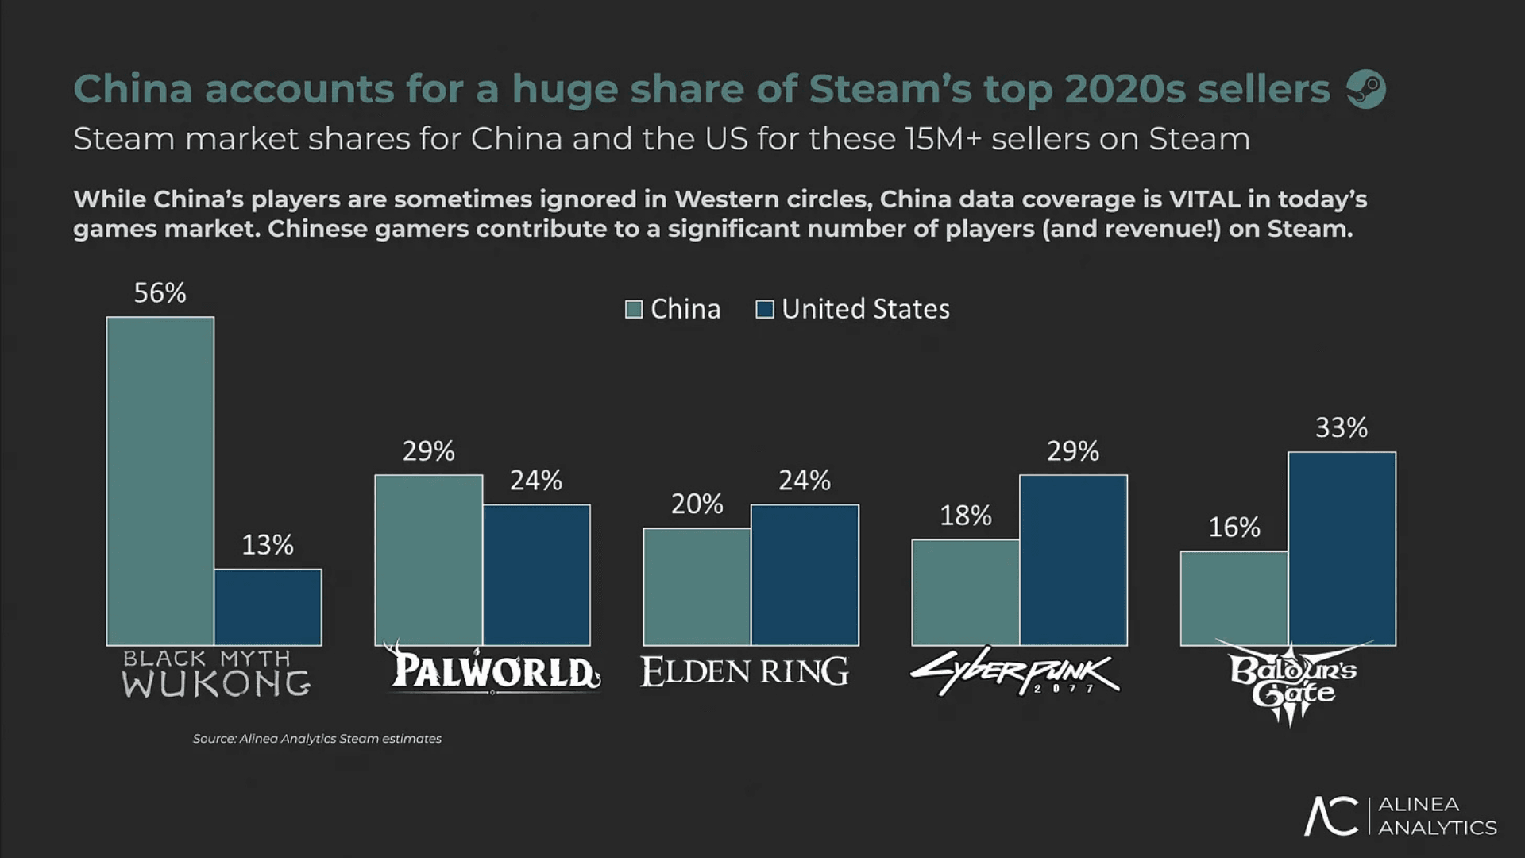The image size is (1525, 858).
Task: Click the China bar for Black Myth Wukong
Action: tap(160, 481)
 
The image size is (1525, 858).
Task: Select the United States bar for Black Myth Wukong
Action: tap(268, 607)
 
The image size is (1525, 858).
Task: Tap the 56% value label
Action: tap(160, 293)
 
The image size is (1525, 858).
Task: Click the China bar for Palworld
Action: tap(428, 560)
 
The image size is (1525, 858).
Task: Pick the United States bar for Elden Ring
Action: tap(805, 574)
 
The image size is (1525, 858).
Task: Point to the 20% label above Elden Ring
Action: tap(697, 504)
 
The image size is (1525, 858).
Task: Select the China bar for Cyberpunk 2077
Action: tap(965, 592)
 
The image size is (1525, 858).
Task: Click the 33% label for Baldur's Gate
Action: tap(1342, 428)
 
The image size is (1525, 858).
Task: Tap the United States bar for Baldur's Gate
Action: tap(1342, 548)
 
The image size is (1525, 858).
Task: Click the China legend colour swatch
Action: tap(634, 309)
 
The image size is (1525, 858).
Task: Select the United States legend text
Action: tap(865, 309)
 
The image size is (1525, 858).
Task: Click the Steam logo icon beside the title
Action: tap(1366, 89)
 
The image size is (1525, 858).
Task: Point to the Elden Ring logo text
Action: tap(744, 672)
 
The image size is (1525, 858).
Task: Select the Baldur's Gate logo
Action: tap(1292, 682)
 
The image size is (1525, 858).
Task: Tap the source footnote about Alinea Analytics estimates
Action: tap(317, 739)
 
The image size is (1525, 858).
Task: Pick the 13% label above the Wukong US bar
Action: tap(268, 545)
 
